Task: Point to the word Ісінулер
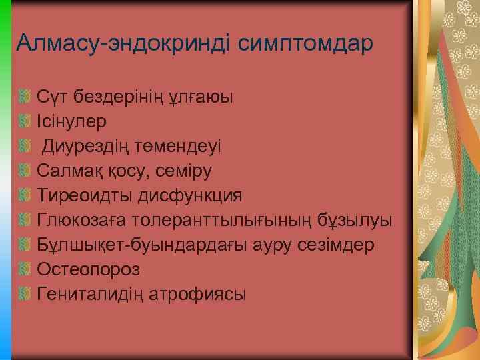(72, 122)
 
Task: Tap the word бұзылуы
(360, 221)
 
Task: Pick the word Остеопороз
(89, 269)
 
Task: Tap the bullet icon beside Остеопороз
(26, 269)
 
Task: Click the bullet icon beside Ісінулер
(26, 122)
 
